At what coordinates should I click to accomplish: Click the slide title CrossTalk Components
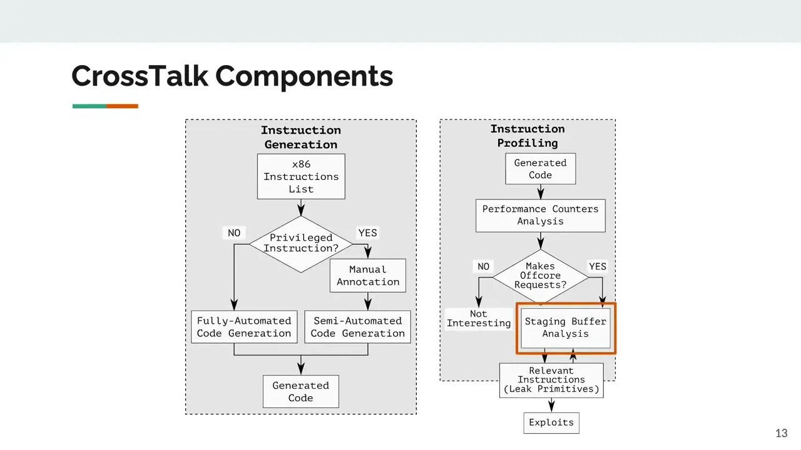(232, 76)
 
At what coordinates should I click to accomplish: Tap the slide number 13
(781, 433)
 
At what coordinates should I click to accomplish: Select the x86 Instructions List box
(301, 177)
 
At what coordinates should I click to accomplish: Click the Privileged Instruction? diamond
(301, 243)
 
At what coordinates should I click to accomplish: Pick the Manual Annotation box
(368, 276)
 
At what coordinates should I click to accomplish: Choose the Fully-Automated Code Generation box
(244, 327)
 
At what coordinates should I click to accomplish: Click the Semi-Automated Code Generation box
(358, 327)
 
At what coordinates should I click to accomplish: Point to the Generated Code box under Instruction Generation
(300, 392)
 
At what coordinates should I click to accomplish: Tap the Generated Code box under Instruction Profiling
(540, 169)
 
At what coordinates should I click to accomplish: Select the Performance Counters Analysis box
(540, 215)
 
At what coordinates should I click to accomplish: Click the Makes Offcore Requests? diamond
(540, 276)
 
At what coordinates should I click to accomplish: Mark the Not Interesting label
(479, 319)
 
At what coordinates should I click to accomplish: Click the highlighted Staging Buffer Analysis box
(565, 327)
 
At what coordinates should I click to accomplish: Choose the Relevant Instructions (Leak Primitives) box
(551, 380)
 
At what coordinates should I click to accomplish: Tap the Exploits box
(551, 422)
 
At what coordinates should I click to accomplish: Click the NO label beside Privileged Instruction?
(234, 233)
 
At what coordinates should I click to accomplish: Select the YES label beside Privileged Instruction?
(367, 233)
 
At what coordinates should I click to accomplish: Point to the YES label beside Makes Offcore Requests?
(598, 267)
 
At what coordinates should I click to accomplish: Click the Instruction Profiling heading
(528, 136)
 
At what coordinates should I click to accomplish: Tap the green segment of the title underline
(89, 106)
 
